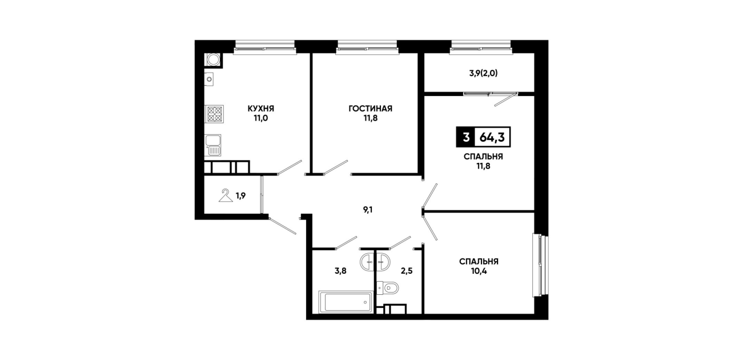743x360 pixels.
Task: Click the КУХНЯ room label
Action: tap(261, 109)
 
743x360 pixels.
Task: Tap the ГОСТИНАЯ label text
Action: tap(370, 109)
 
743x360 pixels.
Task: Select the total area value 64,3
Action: tap(492, 137)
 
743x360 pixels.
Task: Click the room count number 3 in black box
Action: tap(466, 137)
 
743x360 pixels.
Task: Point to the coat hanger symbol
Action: tap(226, 195)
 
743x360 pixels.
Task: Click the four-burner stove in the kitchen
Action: tap(214, 114)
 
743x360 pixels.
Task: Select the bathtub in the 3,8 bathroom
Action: tap(346, 302)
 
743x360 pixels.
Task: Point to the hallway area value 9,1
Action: tap(368, 210)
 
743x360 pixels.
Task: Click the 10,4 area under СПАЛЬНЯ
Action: tap(479, 271)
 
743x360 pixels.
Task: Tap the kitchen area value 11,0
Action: tap(261, 118)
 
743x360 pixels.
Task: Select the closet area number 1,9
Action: tap(240, 196)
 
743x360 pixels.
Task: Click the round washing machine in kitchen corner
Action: tap(212, 60)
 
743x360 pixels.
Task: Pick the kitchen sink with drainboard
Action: tap(213, 145)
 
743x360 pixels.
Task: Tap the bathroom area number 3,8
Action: tap(340, 271)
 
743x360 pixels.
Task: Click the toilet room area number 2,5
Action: tap(407, 271)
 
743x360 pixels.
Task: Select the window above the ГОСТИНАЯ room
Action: tap(367, 47)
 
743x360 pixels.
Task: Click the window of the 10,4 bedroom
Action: tap(540, 265)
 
